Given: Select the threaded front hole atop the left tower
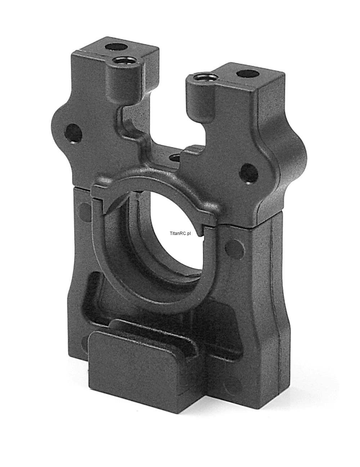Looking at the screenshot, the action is pos(123,61).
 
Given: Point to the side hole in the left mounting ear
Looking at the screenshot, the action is pos(73,134).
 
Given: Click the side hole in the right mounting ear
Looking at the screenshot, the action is pos(249,174).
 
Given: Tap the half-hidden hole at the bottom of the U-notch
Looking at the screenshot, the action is pos(175,158).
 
